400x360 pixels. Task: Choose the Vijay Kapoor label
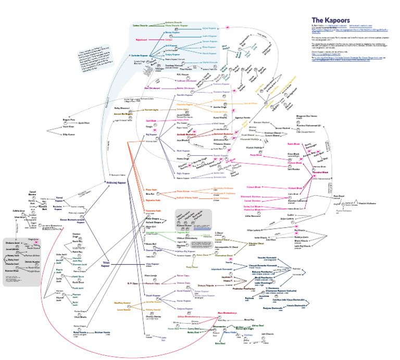153,250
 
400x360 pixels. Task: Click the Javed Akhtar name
17,220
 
